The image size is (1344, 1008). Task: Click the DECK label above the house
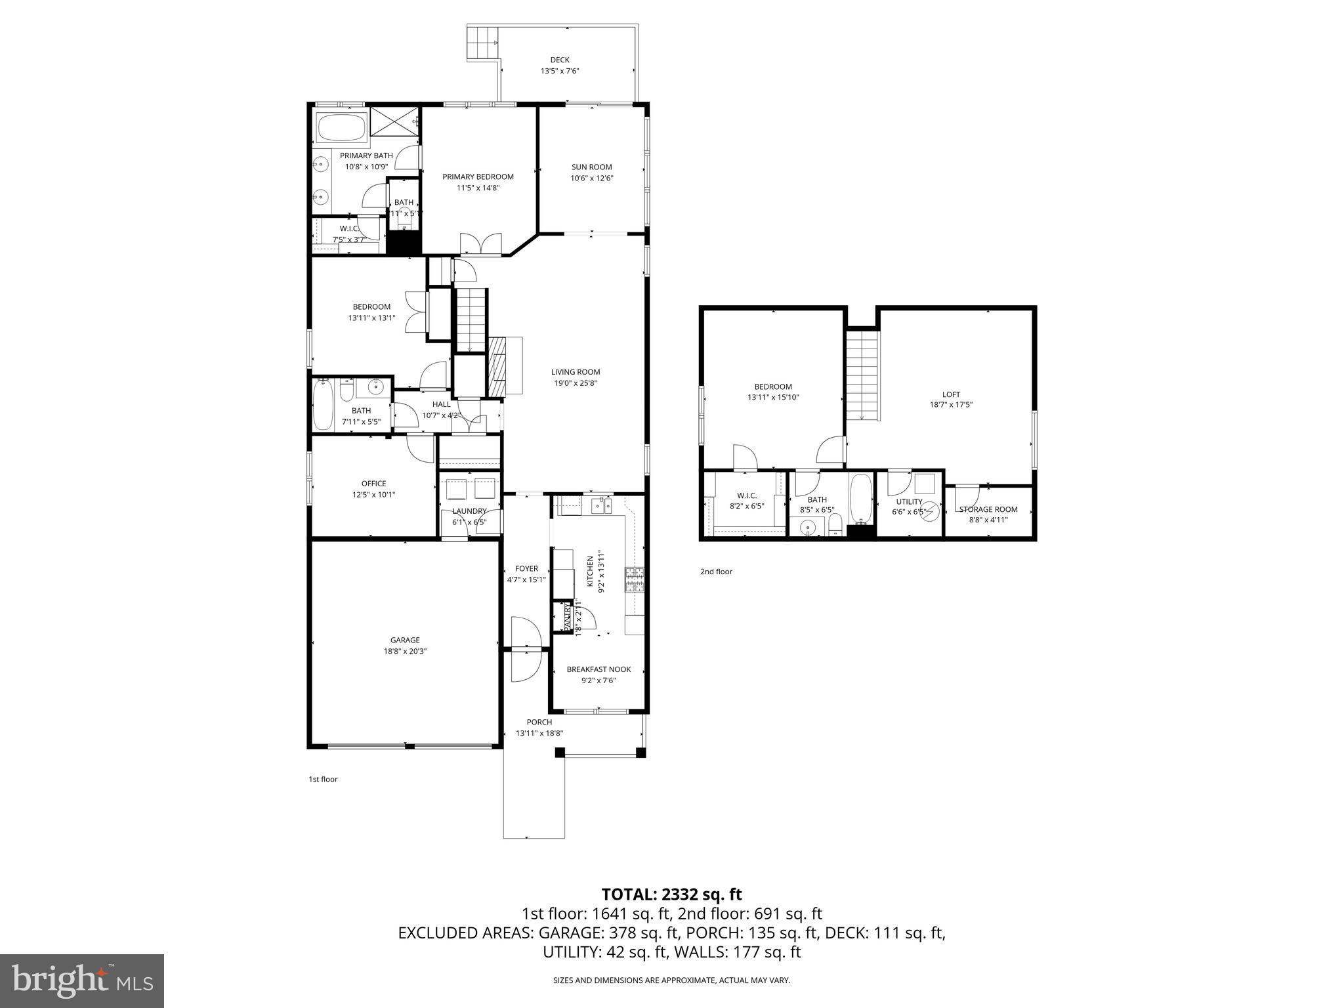tap(560, 60)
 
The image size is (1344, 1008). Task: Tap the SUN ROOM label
tap(591, 167)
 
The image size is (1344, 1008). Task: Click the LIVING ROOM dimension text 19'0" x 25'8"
tap(576, 383)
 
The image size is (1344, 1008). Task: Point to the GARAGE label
tap(405, 640)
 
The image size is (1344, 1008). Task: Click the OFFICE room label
tap(373, 484)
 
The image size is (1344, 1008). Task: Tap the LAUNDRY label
tap(469, 511)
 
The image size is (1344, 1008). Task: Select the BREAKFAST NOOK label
tap(598, 669)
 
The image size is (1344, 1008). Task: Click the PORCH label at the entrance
tap(539, 722)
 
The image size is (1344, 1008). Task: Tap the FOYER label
tap(526, 569)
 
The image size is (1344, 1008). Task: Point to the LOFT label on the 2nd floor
tap(951, 394)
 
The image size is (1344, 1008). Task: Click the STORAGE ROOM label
tap(988, 509)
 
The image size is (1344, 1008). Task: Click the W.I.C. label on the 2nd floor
tap(747, 495)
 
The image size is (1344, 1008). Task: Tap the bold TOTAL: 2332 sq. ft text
tap(671, 894)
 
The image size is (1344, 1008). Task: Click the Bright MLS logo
tap(82, 981)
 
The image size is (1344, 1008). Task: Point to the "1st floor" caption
tap(323, 780)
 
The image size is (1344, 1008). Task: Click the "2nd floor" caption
tap(716, 572)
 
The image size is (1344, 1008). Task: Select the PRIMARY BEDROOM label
tap(478, 177)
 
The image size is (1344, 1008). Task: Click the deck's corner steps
tap(483, 43)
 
